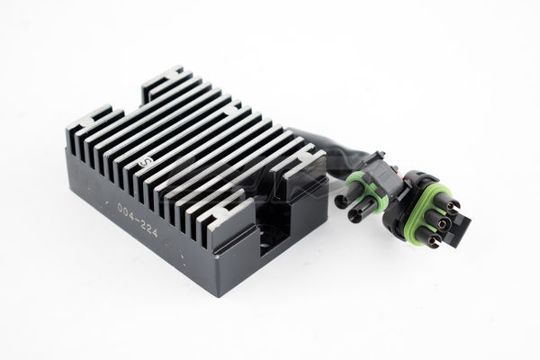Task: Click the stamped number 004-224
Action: [x=138, y=220]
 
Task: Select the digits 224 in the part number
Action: [x=149, y=229]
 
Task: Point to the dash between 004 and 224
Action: [x=137, y=218]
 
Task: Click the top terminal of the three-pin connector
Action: [x=451, y=207]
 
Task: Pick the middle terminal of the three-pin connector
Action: [x=442, y=225]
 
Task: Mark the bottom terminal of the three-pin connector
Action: [x=433, y=241]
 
